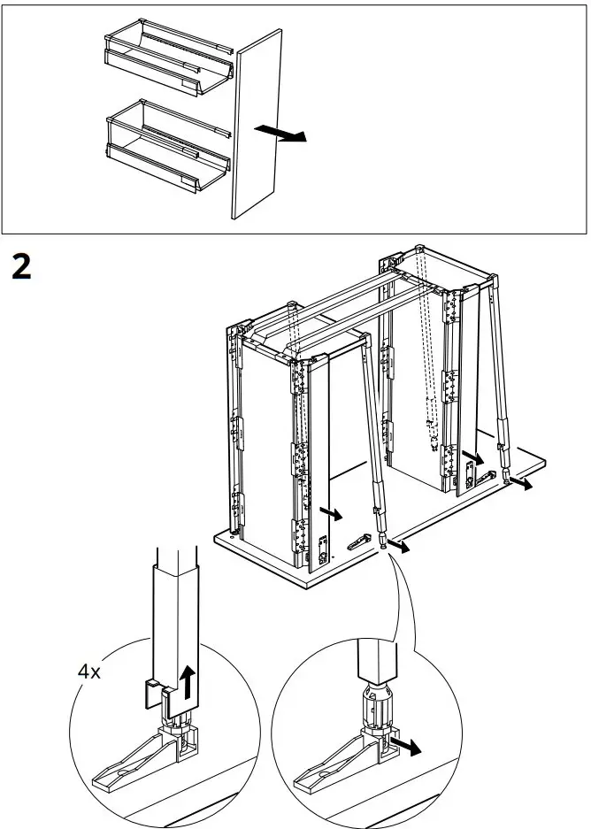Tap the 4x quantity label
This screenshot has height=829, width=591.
point(88,672)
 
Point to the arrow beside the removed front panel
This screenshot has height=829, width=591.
point(281,134)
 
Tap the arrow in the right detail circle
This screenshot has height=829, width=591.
point(406,746)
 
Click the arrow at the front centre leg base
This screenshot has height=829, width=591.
point(403,549)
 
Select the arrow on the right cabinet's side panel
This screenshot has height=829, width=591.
point(475,458)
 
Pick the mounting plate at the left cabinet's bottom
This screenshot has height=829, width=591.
point(319,552)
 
